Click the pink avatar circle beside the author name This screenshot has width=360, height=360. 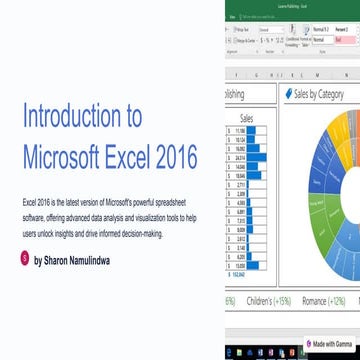pos(25,258)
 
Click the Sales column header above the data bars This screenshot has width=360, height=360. pos(249,117)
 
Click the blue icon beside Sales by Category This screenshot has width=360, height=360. pos(288,94)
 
